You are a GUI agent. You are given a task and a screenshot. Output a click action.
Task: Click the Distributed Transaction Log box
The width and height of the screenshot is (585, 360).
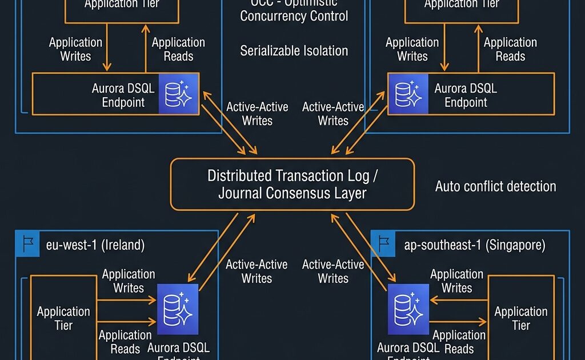coord(292,184)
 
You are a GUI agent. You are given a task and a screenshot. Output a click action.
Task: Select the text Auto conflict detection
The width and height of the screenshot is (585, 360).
coord(495,186)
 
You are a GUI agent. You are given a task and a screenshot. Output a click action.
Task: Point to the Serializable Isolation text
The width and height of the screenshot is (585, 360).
coord(294,51)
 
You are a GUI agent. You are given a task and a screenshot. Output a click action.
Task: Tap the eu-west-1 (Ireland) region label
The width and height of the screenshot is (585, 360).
coord(95,246)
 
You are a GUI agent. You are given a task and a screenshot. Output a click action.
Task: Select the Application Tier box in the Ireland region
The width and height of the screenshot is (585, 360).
coord(63,318)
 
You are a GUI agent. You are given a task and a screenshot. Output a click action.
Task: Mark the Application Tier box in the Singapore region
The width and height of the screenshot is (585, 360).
coord(520,318)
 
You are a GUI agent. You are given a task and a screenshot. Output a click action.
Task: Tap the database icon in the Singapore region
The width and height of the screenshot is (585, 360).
coord(408,309)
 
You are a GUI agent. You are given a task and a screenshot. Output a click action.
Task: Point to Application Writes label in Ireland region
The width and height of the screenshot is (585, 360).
coord(129,281)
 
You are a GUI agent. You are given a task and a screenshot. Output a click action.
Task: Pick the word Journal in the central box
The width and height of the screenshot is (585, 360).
coord(241,193)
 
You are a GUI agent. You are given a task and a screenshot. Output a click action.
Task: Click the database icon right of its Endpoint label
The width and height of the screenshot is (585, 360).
coord(178,93)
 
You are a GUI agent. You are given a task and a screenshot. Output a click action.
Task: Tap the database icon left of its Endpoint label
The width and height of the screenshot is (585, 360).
coord(408,93)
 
